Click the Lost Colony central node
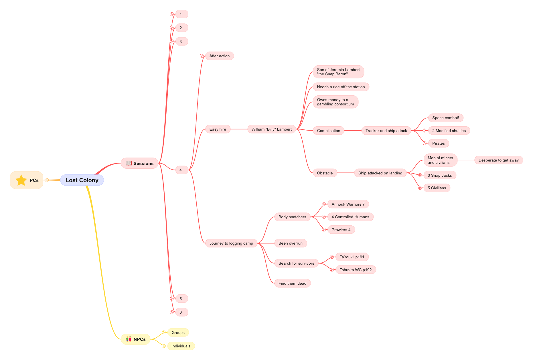coord(82,180)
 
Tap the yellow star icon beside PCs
coord(21,180)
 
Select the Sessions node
coord(140,163)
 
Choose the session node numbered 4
coord(181,170)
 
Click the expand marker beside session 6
coord(172,312)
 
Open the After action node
coord(219,56)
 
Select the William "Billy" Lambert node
coord(271,129)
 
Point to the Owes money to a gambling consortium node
coord(335,102)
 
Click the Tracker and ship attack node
coord(386,131)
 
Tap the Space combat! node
coord(445,118)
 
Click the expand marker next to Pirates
coord(425,143)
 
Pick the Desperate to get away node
coord(498,160)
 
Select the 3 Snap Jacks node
coord(440,175)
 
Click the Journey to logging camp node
coord(231,243)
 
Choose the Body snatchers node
coord(292,217)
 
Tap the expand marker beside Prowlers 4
coord(324,230)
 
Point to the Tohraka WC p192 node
coord(356,270)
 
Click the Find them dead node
coord(292,283)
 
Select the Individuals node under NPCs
coord(181,346)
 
